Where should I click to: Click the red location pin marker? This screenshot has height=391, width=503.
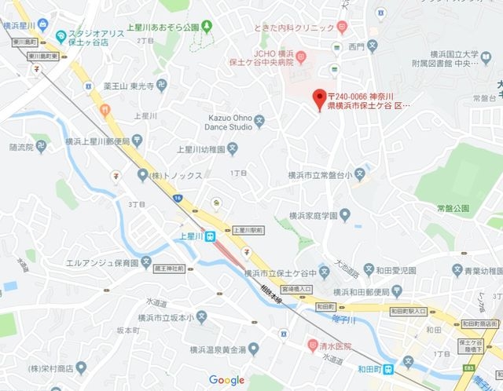point(318,100)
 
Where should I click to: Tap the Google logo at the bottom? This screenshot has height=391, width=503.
point(226,381)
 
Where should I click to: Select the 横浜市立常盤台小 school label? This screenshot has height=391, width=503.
point(320,174)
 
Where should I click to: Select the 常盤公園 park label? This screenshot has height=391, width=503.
point(452,207)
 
